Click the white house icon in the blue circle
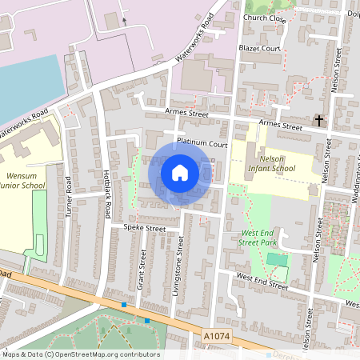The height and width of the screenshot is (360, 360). coord(180,172)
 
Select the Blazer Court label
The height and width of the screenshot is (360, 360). coord(260,48)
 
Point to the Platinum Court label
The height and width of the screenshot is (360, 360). coord(203,144)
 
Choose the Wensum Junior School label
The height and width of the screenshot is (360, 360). coord(23,179)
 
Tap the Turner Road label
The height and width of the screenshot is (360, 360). coord(69,195)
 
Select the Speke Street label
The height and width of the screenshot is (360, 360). coord(144,228)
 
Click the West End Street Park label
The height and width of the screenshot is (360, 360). coord(263,238)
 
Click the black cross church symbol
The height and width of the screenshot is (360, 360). coord(319,121)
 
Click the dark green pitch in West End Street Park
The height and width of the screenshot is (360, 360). coord(277,259)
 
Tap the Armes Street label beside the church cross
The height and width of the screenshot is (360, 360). coord(282,126)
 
